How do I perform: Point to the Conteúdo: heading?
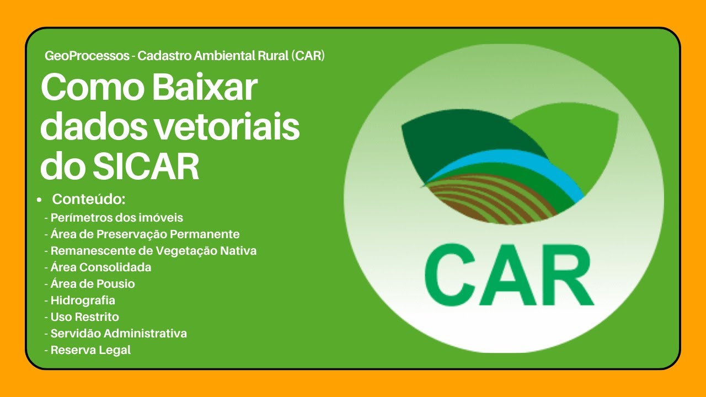tap(89, 199)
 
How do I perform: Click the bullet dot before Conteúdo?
tap(39, 200)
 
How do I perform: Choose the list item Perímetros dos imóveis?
tap(116, 217)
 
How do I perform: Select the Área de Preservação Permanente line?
tap(145, 234)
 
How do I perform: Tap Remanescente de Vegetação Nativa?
tap(153, 250)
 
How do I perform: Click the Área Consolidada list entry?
tap(100, 267)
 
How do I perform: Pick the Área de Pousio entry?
tap(92, 283)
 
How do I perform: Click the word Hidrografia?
tap(83, 300)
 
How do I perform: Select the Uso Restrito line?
tap(84, 316)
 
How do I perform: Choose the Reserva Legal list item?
tap(90, 350)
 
